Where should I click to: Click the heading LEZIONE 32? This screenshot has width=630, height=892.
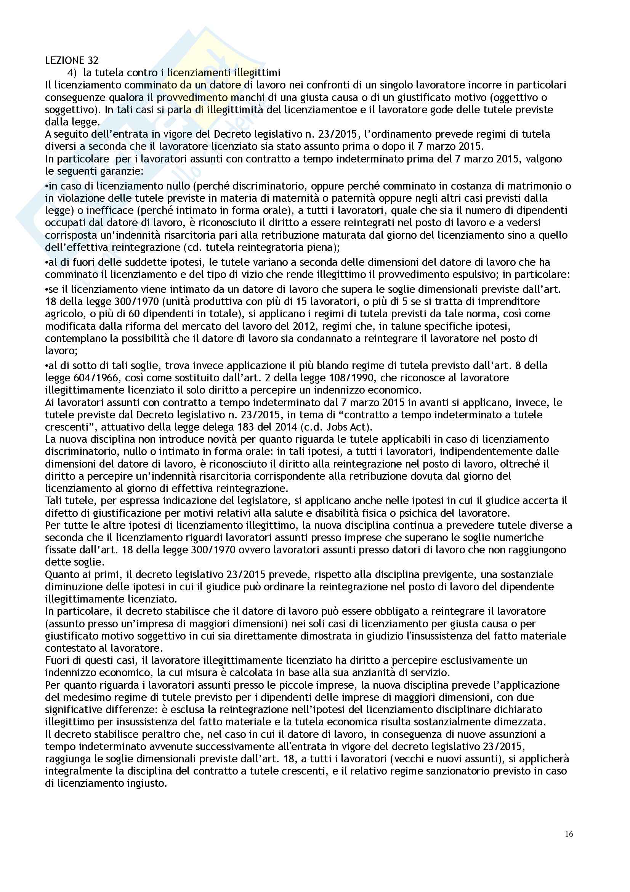pos(71,60)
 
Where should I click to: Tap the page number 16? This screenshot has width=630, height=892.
pos(569,834)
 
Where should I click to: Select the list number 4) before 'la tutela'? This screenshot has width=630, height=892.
pos(72,73)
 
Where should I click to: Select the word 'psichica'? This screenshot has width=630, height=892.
pos(423,513)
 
